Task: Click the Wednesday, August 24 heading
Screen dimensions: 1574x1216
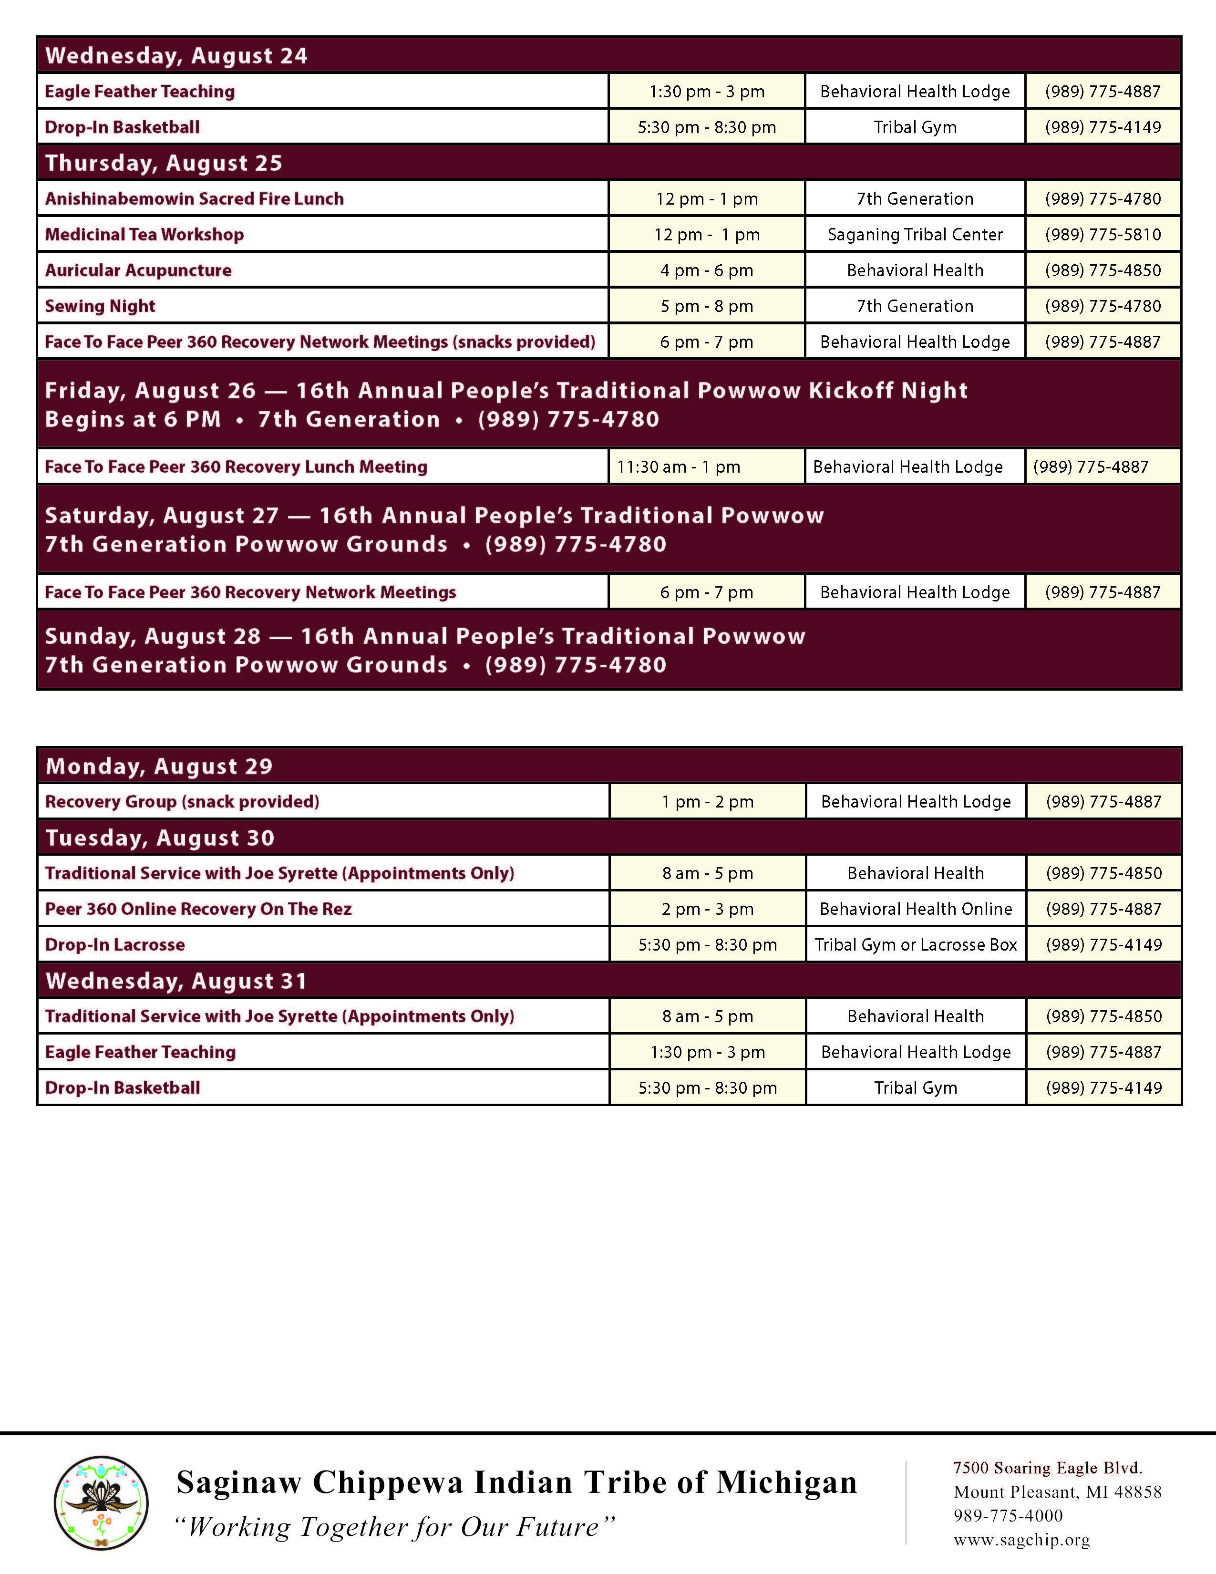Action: pos(176,55)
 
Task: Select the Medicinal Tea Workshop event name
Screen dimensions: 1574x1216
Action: pos(144,234)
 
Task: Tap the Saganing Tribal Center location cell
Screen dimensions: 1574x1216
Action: pos(915,234)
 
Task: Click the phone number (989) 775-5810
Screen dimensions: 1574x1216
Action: pos(1103,234)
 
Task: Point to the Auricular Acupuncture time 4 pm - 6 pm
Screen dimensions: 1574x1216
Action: pos(707,270)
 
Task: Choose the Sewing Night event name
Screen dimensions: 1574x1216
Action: pos(100,306)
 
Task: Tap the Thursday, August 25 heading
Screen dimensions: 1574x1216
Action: pos(164,163)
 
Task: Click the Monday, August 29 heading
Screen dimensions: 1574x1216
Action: pos(159,766)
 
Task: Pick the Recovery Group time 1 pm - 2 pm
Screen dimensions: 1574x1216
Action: pos(707,801)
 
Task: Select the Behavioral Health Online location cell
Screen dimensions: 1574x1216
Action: pos(916,909)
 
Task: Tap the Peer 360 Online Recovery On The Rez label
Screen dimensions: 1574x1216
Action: pos(198,909)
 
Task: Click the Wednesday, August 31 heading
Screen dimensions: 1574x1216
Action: pos(176,980)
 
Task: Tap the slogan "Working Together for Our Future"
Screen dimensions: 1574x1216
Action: pos(395,1526)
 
